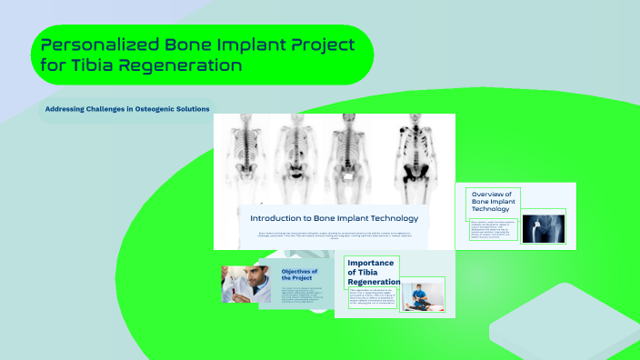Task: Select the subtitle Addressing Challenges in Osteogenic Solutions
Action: (127, 109)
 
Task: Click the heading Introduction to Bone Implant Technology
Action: (334, 218)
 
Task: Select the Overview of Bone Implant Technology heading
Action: (491, 202)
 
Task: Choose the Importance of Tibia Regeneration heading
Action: (372, 272)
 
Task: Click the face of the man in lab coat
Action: (238, 274)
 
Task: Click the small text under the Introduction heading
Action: (334, 236)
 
